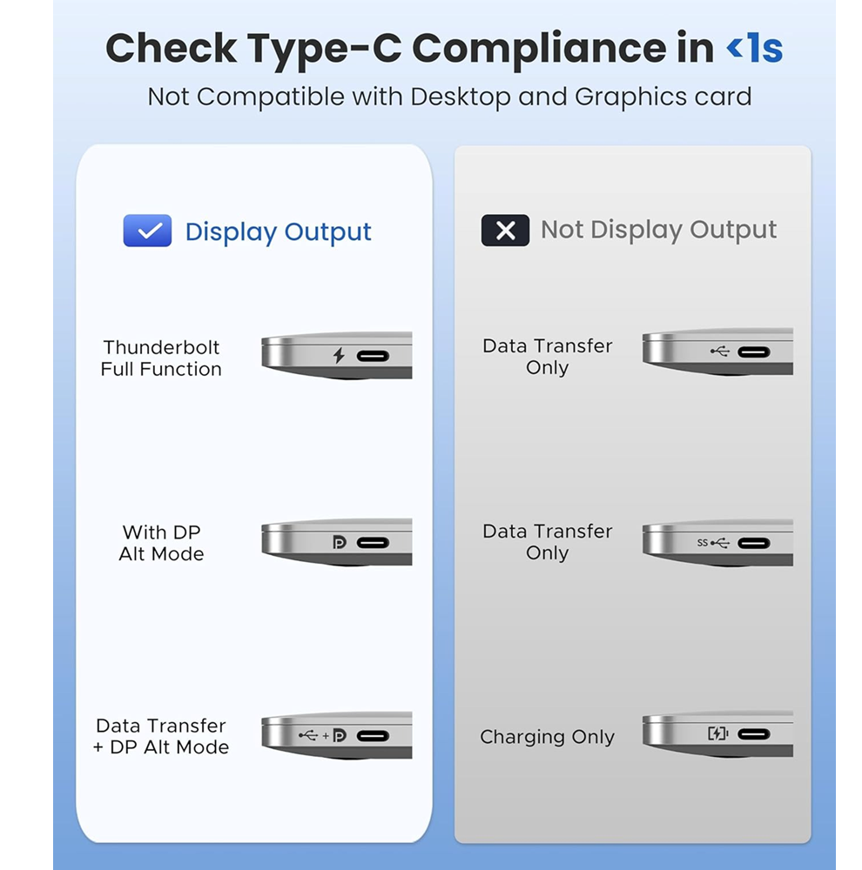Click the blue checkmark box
[x=147, y=231]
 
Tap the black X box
[x=505, y=230]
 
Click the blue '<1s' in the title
[x=754, y=48]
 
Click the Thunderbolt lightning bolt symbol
[x=338, y=355]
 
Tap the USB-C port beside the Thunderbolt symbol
[x=373, y=356]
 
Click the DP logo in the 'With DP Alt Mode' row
[x=339, y=542]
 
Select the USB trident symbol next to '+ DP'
[x=308, y=735]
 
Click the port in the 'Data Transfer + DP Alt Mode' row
[x=373, y=736]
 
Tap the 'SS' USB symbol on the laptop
[x=713, y=543]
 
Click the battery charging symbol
[x=717, y=733]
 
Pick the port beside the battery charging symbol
[x=754, y=734]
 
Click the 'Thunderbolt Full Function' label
[x=161, y=358]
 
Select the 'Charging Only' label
[x=547, y=737]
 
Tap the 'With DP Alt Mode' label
[x=161, y=543]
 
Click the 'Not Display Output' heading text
[x=659, y=231]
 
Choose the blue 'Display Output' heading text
[x=279, y=232]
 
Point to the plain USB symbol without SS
[x=720, y=351]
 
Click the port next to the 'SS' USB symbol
[x=754, y=543]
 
